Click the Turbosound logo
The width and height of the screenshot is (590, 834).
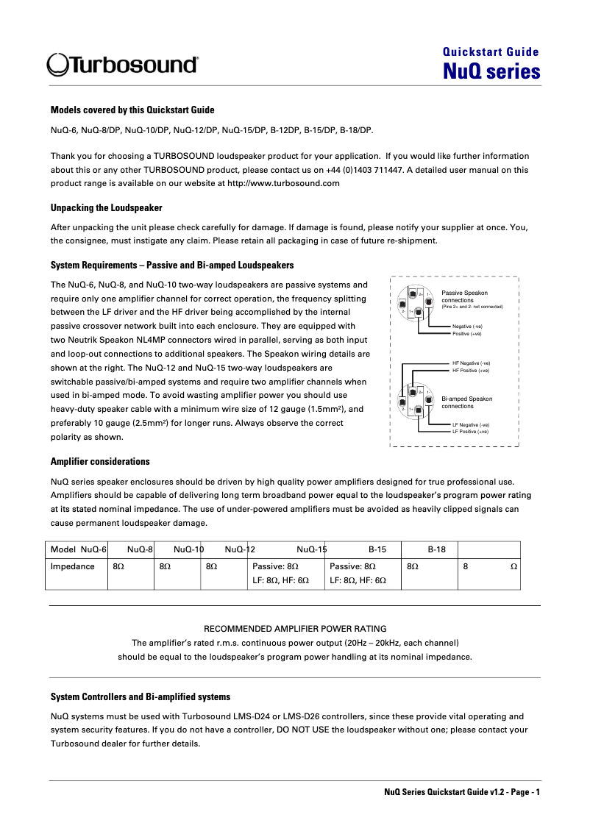[122, 65]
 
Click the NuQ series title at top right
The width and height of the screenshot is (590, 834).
[491, 71]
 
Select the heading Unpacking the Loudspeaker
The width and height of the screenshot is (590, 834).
[106, 208]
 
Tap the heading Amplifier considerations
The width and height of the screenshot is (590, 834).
[100, 462]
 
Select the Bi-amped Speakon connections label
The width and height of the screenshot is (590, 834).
[466, 402]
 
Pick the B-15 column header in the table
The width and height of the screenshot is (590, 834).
[377, 549]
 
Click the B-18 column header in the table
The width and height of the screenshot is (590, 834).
[437, 549]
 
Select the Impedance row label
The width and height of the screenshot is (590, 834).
[72, 566]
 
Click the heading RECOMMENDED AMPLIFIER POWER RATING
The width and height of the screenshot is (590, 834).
[295, 629]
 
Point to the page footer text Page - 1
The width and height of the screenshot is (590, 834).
[524, 792]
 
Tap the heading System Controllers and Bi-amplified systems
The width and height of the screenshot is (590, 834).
[140, 696]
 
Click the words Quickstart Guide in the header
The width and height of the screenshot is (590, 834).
[491, 52]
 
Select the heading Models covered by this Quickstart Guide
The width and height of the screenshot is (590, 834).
[132, 110]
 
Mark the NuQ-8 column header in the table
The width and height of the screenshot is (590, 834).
[140, 549]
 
